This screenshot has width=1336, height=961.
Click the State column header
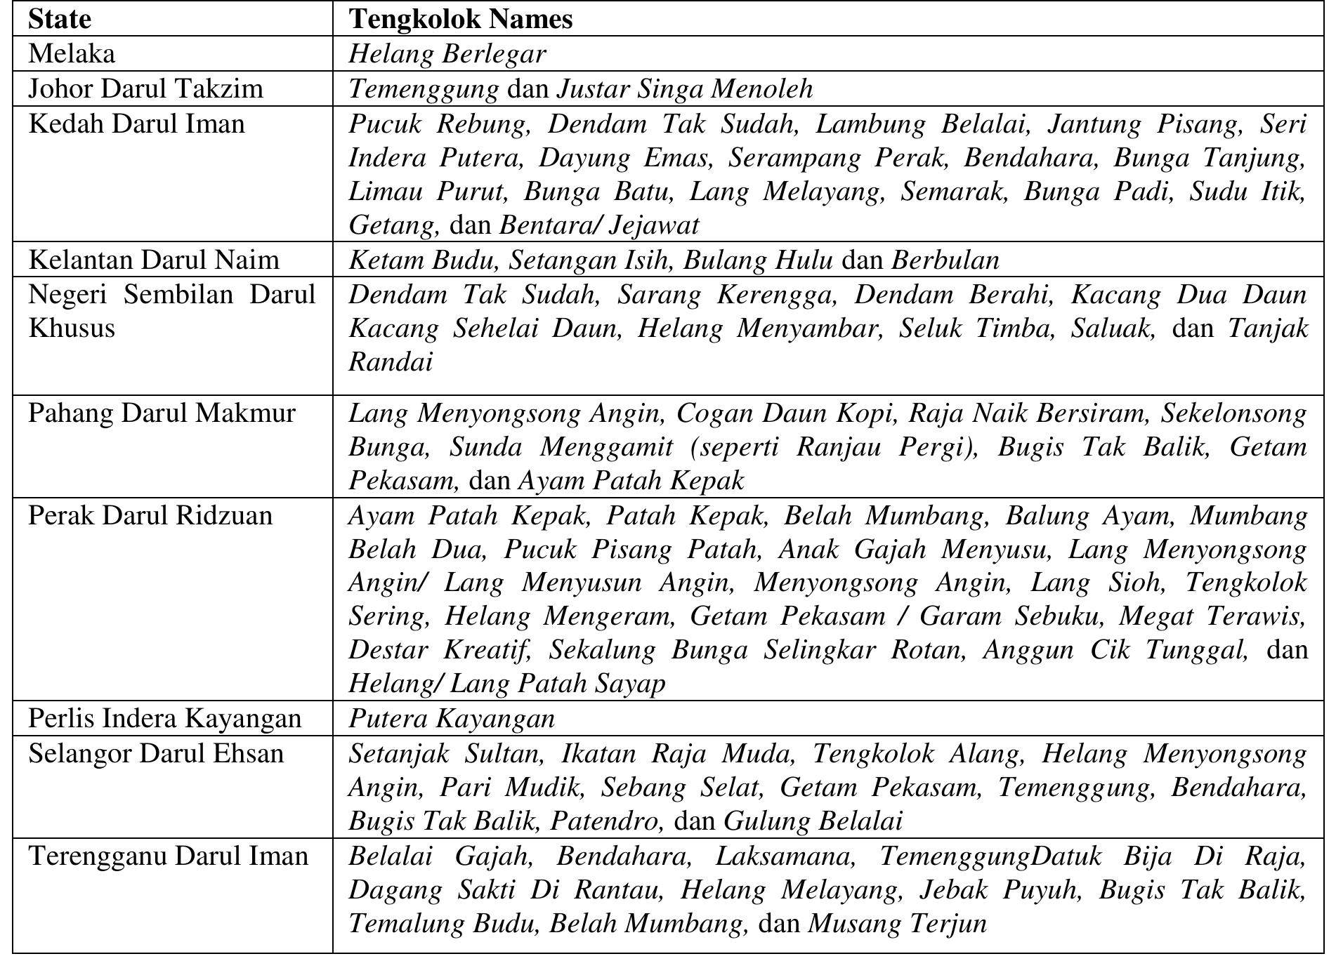click(60, 19)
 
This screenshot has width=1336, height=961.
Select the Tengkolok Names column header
click(461, 19)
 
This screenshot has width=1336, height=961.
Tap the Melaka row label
click(72, 54)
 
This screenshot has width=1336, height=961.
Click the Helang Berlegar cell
click(447, 54)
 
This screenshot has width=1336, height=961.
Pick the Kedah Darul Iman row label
click(136, 124)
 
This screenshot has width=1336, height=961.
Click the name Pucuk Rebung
click(439, 124)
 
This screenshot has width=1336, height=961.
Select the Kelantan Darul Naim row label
click(153, 260)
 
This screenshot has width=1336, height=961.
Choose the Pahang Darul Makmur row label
click(162, 413)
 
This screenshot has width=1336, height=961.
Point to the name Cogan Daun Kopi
click(785, 413)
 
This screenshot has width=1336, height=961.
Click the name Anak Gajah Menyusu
click(915, 549)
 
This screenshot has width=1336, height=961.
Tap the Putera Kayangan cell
click(452, 718)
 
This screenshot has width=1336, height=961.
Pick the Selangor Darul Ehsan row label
click(156, 753)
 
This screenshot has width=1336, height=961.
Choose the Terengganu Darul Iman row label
click(168, 856)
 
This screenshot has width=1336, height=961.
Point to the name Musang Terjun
click(897, 923)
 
